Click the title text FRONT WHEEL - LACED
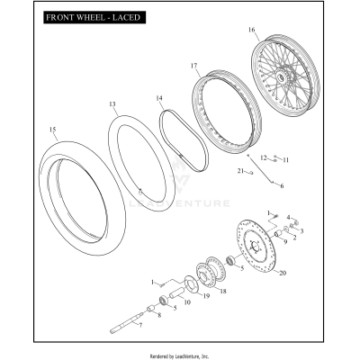86,17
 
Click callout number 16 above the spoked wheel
301,30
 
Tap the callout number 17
193,66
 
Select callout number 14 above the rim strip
158,97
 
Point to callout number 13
112,104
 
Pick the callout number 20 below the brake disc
283,273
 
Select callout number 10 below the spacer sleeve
187,303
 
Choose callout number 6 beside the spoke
281,186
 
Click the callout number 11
285,160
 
